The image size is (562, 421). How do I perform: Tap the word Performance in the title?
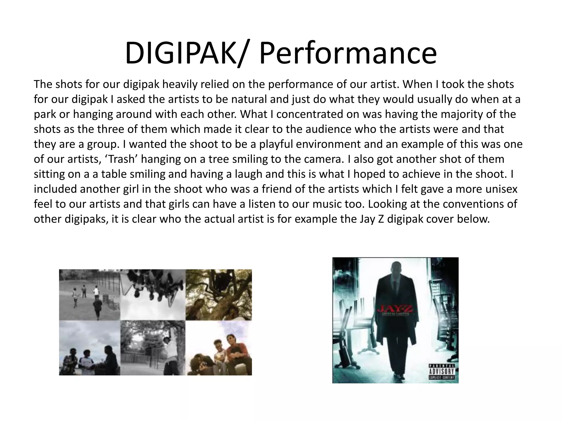coord(348,53)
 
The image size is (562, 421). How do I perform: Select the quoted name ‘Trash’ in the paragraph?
coord(121,159)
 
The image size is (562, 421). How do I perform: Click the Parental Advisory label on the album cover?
coord(442,372)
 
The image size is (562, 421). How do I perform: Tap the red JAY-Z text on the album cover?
coord(395,310)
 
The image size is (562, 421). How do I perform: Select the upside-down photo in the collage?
coord(153,295)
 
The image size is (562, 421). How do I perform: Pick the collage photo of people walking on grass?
coord(89,295)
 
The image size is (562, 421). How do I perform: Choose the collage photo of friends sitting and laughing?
coord(219,348)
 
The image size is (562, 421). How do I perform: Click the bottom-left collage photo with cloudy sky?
coord(89,348)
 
